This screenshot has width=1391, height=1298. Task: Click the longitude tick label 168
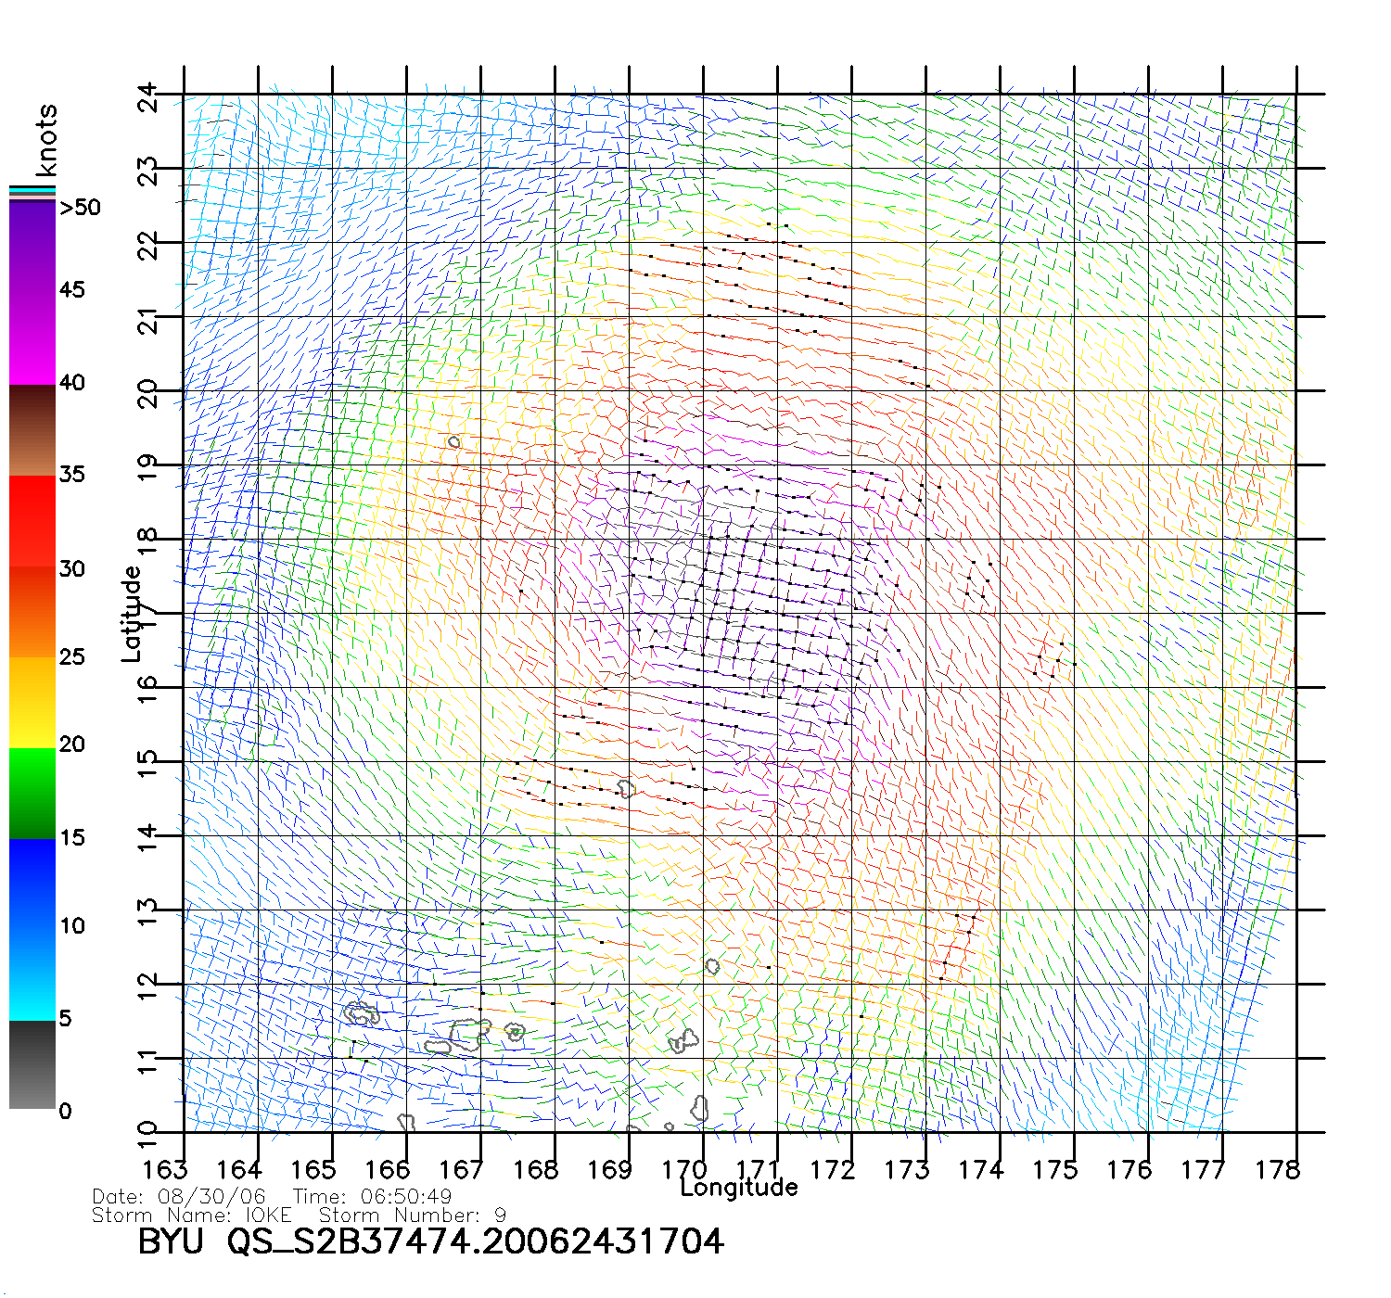pos(536,1170)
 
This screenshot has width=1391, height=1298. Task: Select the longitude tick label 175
pos(1055,1170)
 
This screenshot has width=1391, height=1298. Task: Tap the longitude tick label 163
pos(165,1170)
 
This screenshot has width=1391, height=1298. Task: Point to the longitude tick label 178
pos(1278,1170)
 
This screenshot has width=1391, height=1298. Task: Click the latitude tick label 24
pos(148,97)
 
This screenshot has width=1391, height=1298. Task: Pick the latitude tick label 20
pos(148,395)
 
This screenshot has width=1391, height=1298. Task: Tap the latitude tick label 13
pos(148,913)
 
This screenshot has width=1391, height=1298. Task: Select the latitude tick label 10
pos(148,1133)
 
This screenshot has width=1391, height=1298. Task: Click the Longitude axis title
pos(739,1188)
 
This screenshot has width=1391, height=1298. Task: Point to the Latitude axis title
pos(132,613)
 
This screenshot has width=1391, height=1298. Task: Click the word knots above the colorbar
pos(46,140)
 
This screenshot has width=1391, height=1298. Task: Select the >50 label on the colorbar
pos(80,208)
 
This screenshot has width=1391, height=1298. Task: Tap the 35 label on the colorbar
pos(72,475)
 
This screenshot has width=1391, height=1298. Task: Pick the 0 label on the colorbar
pos(65,1111)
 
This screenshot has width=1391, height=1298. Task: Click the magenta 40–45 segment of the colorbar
pos(32,338)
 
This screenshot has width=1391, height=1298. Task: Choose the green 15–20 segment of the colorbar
pos(32,793)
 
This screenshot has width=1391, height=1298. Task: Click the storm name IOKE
pos(268,1215)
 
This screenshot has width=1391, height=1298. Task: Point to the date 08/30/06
pos(211,1197)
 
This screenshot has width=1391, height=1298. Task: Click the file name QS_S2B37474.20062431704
pos(476,1241)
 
